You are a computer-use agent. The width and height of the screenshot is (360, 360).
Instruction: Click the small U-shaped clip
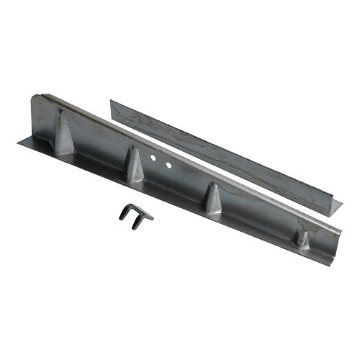[135, 213]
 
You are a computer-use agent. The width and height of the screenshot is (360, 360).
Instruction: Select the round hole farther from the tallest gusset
[168, 166]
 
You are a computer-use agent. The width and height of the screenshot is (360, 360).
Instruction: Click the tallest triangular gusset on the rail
[63, 133]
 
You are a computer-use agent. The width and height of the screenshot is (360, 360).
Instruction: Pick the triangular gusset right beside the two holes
[134, 165]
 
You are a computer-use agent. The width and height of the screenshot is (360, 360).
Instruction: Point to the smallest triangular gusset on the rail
[302, 240]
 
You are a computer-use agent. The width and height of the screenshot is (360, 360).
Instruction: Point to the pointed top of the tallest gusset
[60, 112]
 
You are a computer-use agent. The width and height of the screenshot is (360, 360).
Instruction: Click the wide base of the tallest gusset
[64, 150]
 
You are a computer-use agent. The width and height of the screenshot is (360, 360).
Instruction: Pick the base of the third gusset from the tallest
[214, 210]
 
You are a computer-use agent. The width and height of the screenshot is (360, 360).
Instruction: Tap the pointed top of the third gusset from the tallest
[212, 186]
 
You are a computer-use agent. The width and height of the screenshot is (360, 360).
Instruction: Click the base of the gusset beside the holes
[135, 178]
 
